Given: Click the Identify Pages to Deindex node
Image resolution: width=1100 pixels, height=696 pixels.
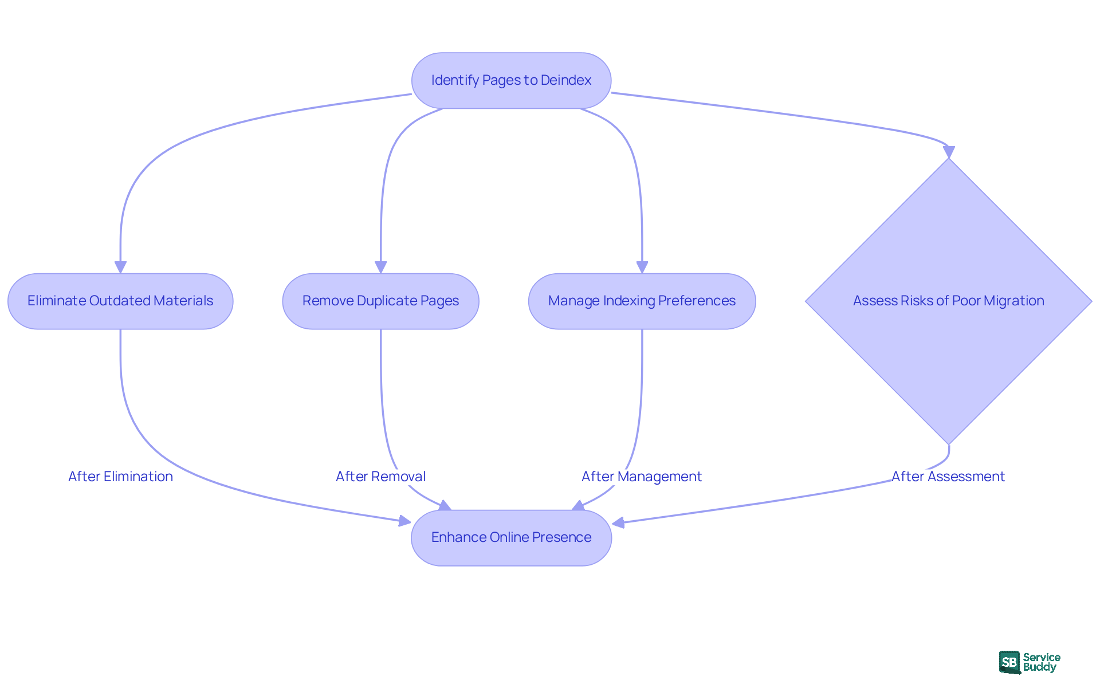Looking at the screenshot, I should pyautogui.click(x=511, y=81).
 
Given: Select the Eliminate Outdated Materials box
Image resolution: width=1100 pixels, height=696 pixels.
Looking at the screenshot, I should pyautogui.click(x=120, y=301).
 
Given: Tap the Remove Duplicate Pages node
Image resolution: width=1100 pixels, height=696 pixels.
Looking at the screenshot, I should pyautogui.click(x=380, y=301).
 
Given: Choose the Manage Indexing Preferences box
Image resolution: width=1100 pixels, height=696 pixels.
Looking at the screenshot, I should pyautogui.click(x=642, y=301).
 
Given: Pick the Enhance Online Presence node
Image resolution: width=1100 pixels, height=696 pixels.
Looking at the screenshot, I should pyautogui.click(x=511, y=538).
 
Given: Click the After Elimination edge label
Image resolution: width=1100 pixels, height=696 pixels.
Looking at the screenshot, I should pyautogui.click(x=120, y=477).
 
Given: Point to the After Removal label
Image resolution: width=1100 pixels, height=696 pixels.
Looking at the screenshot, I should pyautogui.click(x=380, y=477).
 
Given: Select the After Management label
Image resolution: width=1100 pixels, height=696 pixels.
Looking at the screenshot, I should pyautogui.click(x=642, y=477).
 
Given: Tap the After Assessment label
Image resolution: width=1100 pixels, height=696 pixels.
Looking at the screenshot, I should pyautogui.click(x=948, y=477).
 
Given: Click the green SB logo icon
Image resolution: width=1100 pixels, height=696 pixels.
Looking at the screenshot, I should pyautogui.click(x=1009, y=662).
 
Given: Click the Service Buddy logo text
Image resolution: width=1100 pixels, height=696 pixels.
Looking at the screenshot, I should pyautogui.click(x=1042, y=662).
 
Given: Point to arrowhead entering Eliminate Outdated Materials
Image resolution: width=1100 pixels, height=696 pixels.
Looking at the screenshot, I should pyautogui.click(x=120, y=267).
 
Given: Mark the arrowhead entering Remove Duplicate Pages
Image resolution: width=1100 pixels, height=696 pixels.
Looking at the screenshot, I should pyautogui.click(x=380, y=267).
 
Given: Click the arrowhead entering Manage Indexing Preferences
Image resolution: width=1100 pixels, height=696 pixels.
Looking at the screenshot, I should pyautogui.click(x=642, y=267).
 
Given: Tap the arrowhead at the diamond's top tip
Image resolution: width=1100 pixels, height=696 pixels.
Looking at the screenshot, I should pyautogui.click(x=949, y=152).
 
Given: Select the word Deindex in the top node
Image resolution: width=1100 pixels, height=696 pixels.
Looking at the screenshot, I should pyautogui.click(x=565, y=80).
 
